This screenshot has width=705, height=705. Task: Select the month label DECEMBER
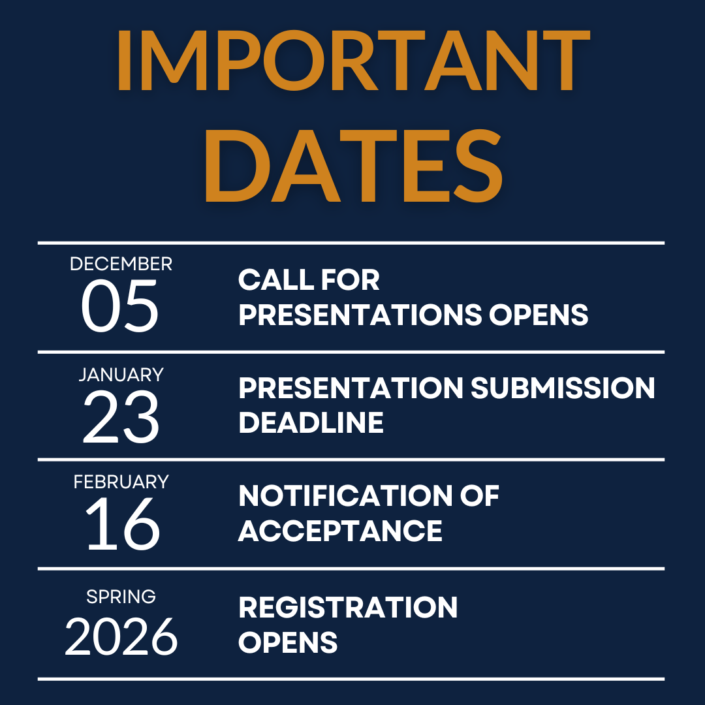pos(121,264)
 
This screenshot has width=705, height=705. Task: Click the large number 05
pos(120,305)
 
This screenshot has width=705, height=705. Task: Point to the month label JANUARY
pos(121,375)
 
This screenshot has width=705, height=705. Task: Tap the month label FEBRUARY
pos(121,482)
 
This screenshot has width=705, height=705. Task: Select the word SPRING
pos(121,596)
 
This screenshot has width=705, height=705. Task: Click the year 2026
pos(121,636)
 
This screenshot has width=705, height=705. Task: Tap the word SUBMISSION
pos(563,388)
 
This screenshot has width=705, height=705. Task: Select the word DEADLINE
pos(311,423)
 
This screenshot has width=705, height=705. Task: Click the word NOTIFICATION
pos(343,497)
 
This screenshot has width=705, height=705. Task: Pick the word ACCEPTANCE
pos(340,531)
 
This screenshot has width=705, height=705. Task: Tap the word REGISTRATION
pos(348,608)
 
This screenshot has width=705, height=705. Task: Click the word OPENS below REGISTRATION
pos(288,642)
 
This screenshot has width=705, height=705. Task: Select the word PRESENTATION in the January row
pos(351,388)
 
